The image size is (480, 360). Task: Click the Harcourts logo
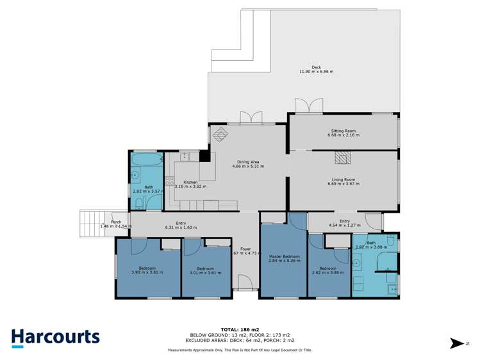point(55,337)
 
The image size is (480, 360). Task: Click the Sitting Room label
point(343,131)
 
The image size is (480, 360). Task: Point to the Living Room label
point(343,179)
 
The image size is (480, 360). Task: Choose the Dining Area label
point(248,162)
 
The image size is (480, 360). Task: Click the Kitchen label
point(190,182)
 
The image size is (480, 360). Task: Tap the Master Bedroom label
point(284,256)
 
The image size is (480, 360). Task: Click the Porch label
point(116,222)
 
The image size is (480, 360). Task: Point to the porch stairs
point(90,224)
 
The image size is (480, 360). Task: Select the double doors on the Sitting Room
point(306,106)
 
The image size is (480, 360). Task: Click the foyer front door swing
point(244,282)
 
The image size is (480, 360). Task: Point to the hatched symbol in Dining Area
point(220,134)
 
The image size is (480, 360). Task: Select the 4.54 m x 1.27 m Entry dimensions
point(345,225)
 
